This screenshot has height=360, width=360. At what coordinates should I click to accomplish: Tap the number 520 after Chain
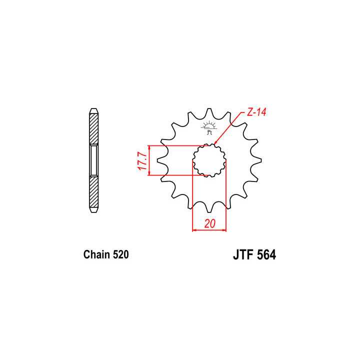(x=120, y=254)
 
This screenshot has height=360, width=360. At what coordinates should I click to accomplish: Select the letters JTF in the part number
(x=243, y=255)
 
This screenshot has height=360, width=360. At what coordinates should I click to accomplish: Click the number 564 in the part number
(x=266, y=255)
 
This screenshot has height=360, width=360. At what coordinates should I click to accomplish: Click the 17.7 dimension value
(x=141, y=160)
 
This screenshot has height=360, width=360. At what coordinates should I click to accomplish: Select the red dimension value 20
(x=209, y=225)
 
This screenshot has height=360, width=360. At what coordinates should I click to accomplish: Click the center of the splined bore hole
(x=209, y=160)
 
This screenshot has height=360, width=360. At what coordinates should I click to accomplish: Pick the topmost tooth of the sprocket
(x=209, y=114)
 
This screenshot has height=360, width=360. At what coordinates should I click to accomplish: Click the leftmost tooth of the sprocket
(x=162, y=160)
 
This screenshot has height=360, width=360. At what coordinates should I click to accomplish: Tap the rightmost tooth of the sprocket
(x=257, y=160)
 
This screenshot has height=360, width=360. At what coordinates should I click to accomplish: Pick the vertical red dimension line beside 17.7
(x=149, y=160)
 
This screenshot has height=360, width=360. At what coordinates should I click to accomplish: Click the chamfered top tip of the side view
(x=94, y=110)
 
